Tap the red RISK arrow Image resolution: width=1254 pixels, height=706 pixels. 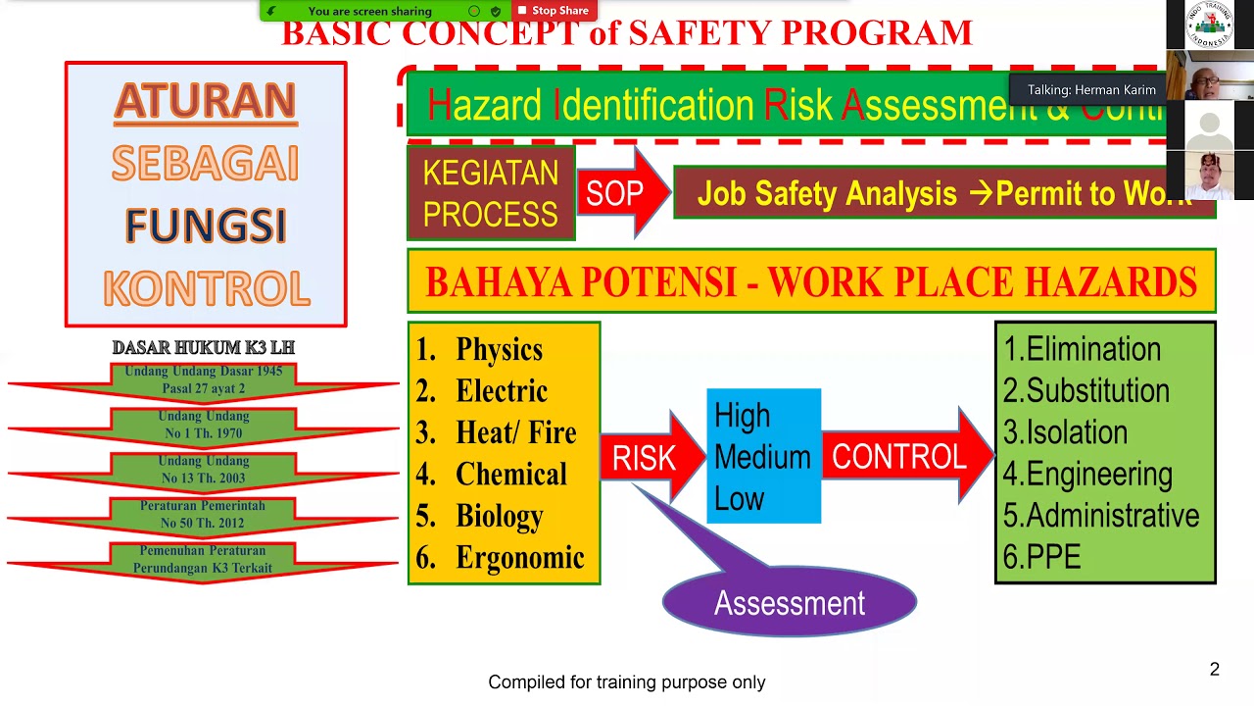[x=647, y=457]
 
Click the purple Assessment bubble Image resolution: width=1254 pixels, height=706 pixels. [x=789, y=602]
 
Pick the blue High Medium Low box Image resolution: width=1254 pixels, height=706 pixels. [x=763, y=457]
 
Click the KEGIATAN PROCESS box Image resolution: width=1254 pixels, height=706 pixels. [x=490, y=193]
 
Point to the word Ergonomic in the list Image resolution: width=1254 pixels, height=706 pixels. [x=519, y=558]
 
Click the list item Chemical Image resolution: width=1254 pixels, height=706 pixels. [x=510, y=475]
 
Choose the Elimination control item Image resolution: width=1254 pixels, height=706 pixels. [x=1092, y=349]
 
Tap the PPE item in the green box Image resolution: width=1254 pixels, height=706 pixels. [x=1053, y=558]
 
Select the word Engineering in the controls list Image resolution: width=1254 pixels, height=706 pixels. [x=1098, y=475]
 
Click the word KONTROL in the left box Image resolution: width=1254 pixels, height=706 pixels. [x=206, y=288]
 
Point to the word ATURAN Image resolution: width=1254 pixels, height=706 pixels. [x=206, y=101]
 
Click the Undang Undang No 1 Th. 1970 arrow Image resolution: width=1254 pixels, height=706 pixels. [x=204, y=425]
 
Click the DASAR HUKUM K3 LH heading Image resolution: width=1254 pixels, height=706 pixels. [x=203, y=348]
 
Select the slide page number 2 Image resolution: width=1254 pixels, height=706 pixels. [x=1214, y=670]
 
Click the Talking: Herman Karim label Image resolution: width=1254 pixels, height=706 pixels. [x=1090, y=90]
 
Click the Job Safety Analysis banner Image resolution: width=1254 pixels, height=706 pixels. [x=943, y=193]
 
